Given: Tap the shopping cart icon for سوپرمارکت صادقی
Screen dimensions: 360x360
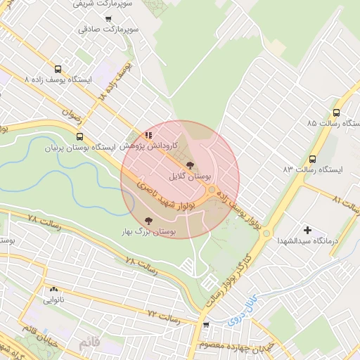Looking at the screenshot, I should [x=108, y=19].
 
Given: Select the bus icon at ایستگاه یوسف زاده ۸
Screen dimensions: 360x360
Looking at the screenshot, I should [x=58, y=69].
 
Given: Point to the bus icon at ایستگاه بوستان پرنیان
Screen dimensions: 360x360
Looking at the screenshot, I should [x=79, y=136].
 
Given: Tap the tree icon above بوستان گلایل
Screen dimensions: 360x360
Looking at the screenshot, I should [x=189, y=165].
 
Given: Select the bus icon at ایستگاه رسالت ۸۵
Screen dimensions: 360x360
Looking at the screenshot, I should [x=336, y=112].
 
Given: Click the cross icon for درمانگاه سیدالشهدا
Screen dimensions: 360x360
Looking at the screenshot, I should [x=307, y=230].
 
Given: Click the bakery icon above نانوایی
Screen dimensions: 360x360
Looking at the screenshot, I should [x=53, y=289].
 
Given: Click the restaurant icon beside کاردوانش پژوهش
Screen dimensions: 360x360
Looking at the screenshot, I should [x=148, y=134].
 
